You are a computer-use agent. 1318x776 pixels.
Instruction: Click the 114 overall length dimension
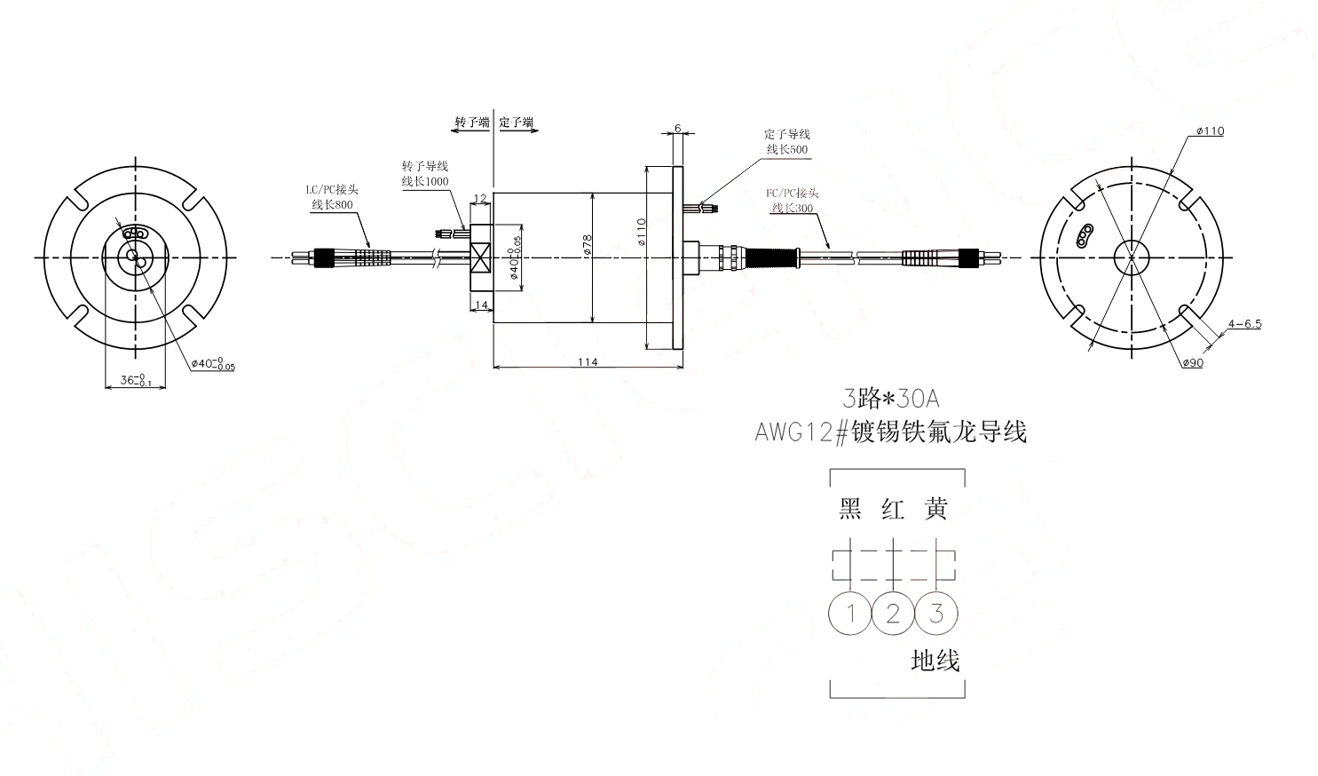click(x=588, y=360)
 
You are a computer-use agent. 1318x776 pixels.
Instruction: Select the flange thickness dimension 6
click(x=678, y=128)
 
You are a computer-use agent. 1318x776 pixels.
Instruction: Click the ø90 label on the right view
click(x=1193, y=362)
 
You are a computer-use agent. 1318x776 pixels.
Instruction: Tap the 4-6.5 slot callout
click(x=1244, y=324)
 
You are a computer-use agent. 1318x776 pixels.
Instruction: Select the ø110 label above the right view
click(x=1210, y=131)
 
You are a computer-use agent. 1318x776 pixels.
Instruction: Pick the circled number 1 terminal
click(x=850, y=613)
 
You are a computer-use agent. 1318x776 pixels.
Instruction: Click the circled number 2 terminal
click(x=893, y=613)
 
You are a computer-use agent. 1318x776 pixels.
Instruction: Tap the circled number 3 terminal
click(x=935, y=613)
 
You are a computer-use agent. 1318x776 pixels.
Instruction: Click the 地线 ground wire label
click(x=935, y=660)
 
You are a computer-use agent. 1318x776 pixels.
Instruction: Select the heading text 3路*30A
click(x=889, y=398)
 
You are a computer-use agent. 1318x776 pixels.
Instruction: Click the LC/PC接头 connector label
click(x=332, y=190)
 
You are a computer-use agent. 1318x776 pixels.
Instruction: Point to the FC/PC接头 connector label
click(x=792, y=193)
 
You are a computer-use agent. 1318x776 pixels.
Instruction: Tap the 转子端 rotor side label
click(x=471, y=123)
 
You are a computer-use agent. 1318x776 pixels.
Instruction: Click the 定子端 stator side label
click(x=517, y=123)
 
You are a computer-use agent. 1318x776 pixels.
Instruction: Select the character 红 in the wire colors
click(x=893, y=509)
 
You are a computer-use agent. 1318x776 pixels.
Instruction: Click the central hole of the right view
click(x=1133, y=257)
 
